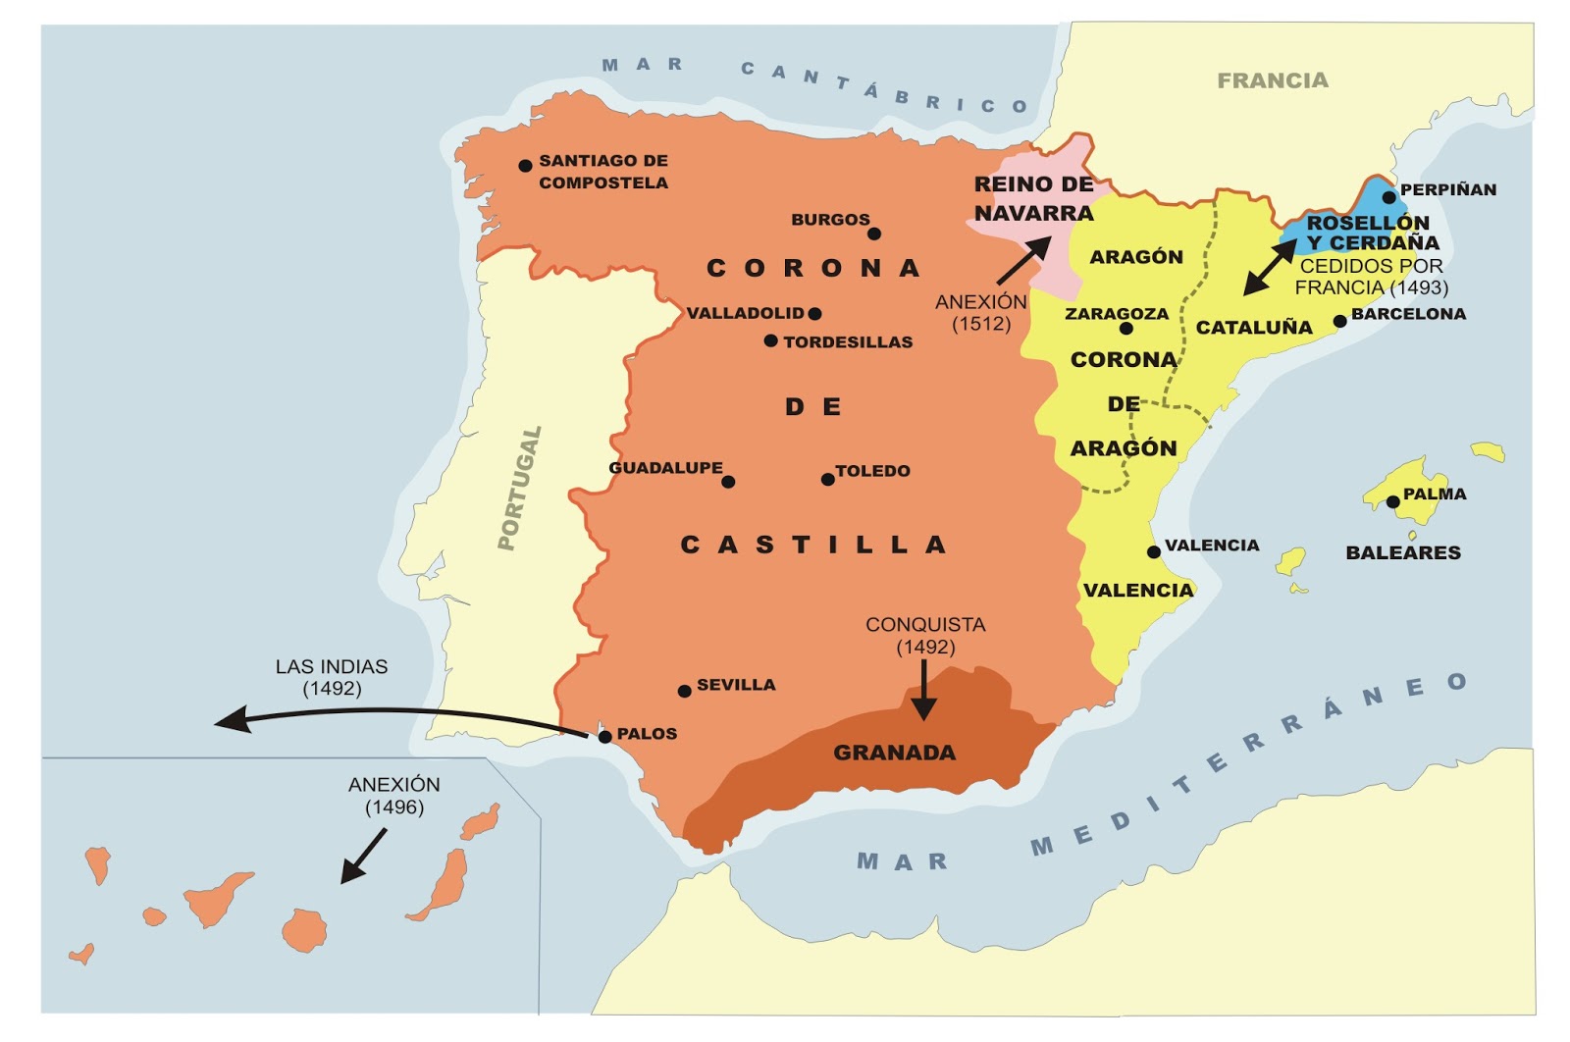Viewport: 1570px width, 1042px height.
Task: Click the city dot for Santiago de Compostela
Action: (x=525, y=166)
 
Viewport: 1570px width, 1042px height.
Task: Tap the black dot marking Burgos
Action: (x=874, y=234)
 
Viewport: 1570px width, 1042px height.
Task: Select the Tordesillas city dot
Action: (x=771, y=340)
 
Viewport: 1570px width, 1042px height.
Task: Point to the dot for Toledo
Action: (x=828, y=480)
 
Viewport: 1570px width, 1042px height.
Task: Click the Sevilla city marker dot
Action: (x=684, y=692)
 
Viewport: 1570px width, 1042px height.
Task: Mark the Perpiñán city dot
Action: (x=1388, y=197)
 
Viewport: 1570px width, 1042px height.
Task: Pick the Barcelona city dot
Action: (x=1339, y=321)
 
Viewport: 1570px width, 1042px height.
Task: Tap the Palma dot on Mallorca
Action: (x=1392, y=502)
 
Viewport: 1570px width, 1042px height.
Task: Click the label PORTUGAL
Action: (x=520, y=488)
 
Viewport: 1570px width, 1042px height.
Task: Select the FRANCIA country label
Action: (x=1273, y=80)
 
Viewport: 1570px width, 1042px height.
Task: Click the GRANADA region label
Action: (x=894, y=753)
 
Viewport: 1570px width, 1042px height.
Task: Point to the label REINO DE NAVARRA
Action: (x=1033, y=198)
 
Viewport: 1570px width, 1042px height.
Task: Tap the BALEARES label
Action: (x=1403, y=552)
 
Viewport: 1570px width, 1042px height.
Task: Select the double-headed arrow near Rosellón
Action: (x=1270, y=267)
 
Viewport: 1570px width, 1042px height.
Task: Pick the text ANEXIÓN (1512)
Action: (x=980, y=313)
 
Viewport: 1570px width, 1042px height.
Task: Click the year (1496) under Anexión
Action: (x=394, y=808)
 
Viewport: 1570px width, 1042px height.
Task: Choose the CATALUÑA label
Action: (x=1253, y=328)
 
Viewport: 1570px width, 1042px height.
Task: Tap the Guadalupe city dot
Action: (x=728, y=482)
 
